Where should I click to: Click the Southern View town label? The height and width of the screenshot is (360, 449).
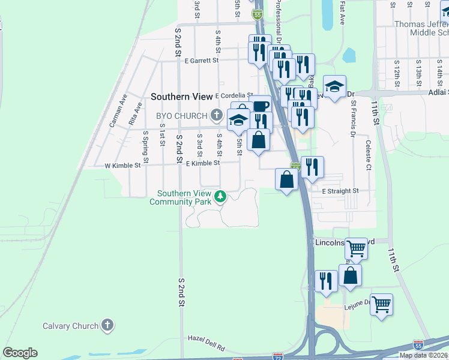(x=181, y=96)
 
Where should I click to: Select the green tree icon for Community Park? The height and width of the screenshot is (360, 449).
(x=220, y=196)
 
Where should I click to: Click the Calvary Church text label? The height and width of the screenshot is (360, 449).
(x=70, y=326)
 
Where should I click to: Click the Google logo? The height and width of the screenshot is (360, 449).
(x=20, y=353)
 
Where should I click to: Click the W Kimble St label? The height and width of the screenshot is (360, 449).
(x=122, y=165)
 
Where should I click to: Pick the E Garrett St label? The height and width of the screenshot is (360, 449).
(x=202, y=61)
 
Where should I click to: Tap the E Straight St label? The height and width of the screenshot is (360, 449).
(x=340, y=191)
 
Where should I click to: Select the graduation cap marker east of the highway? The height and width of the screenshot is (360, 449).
(x=334, y=85)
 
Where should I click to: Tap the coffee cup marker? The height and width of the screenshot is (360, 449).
(x=261, y=106)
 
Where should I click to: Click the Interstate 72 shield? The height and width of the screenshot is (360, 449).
(x=277, y=356)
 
